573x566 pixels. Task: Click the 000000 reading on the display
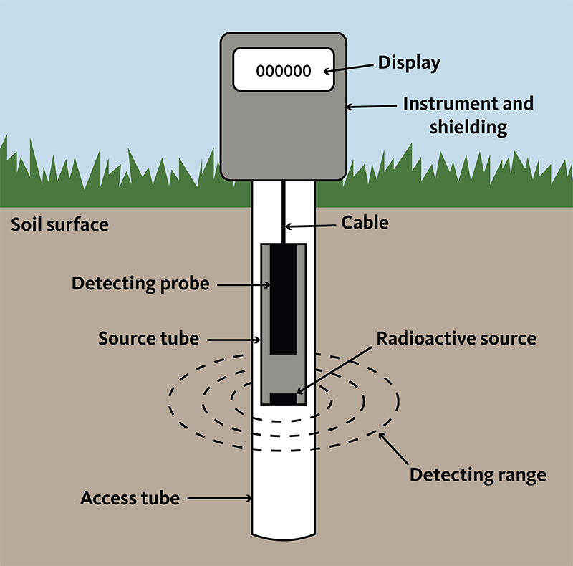[x=284, y=71]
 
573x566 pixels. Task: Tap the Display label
[x=409, y=63]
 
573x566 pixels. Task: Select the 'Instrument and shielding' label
[x=468, y=115]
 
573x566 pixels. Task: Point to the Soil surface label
[x=59, y=224]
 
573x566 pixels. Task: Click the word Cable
[x=365, y=223]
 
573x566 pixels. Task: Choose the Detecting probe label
[x=140, y=284]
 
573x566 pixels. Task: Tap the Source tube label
[x=149, y=339]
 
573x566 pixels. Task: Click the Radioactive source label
[x=456, y=339]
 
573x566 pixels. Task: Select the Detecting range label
[x=478, y=475]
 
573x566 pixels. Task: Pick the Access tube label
[x=130, y=498]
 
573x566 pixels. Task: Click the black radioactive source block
[x=283, y=399]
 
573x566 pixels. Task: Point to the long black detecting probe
[x=283, y=299]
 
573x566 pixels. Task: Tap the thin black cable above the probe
[x=283, y=211]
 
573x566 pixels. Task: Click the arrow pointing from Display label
[x=348, y=68]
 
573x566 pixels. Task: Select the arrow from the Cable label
[x=310, y=226]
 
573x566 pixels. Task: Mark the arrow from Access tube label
[x=220, y=498]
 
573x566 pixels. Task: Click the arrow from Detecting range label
[x=393, y=449]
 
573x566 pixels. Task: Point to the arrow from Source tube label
[x=234, y=340]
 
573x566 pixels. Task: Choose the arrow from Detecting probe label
[x=244, y=284]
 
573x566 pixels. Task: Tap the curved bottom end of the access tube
[x=283, y=538]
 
